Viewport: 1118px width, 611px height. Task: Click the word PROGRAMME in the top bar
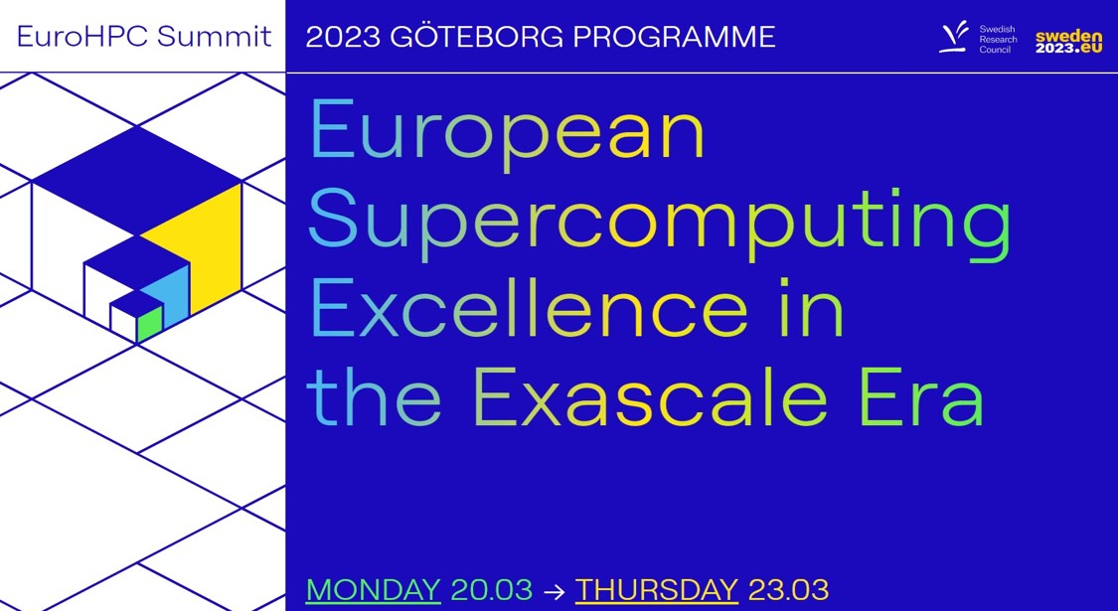[x=674, y=37]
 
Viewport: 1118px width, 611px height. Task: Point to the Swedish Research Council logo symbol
[x=954, y=37]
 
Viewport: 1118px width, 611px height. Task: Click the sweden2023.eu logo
[x=1068, y=42]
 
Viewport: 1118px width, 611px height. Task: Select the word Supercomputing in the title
[x=660, y=224]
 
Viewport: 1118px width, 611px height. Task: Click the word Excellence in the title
[x=529, y=309]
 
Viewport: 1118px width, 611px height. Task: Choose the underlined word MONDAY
[x=374, y=590]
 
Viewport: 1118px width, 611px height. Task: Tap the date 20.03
[x=492, y=590]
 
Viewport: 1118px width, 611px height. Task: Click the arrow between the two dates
[x=554, y=591]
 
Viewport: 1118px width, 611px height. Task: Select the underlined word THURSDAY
[x=657, y=590]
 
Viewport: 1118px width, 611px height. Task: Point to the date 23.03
[x=789, y=590]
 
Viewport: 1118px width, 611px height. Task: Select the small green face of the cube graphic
[x=150, y=325]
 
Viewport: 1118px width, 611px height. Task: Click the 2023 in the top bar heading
[x=343, y=37]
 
